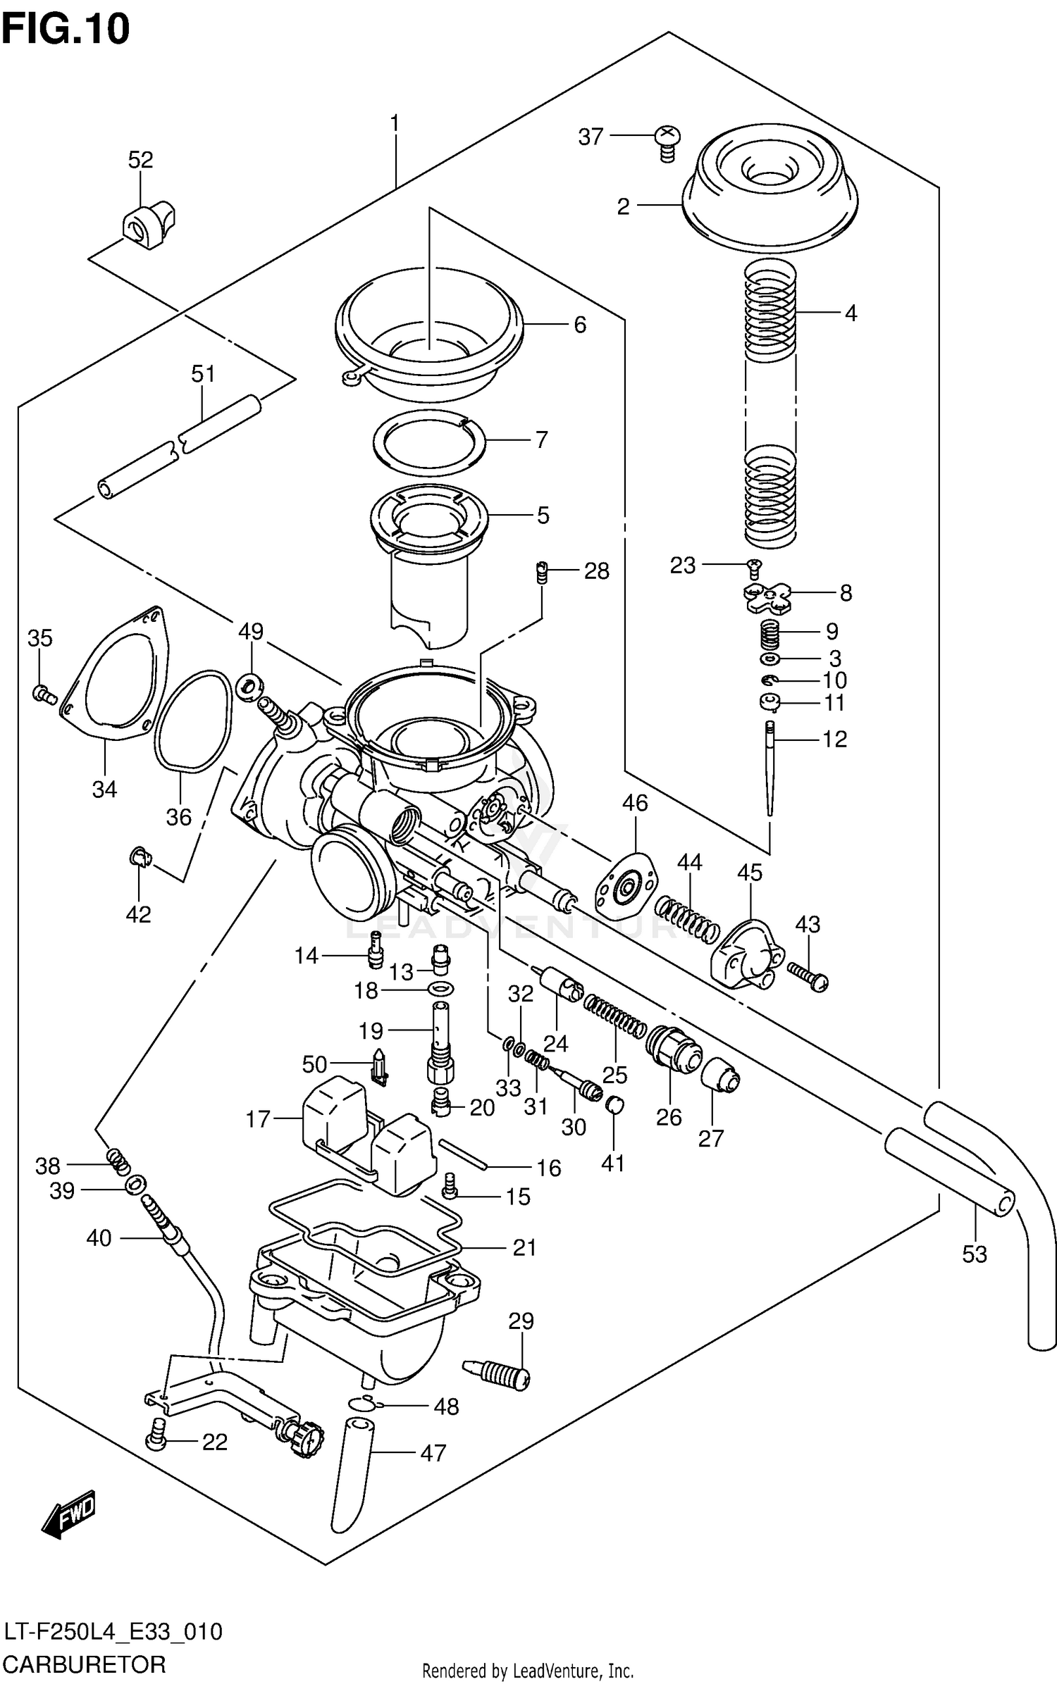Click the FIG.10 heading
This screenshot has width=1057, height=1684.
[x=65, y=30]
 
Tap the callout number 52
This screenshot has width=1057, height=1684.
[x=140, y=160]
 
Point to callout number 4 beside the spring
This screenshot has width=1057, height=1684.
[x=851, y=313]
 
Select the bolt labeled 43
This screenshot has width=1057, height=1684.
[x=808, y=975]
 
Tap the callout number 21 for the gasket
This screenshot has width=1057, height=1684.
[x=524, y=1247]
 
